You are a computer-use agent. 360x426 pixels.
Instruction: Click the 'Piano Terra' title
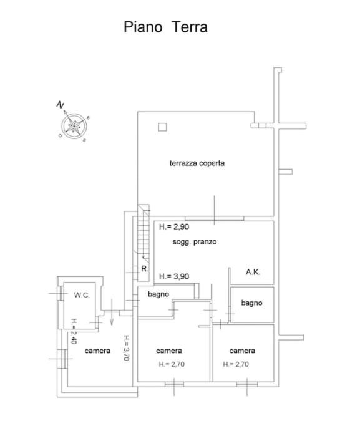tap(165, 27)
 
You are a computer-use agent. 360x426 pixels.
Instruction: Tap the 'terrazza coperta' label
tap(197, 163)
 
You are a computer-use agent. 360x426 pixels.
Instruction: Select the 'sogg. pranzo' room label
tap(195, 242)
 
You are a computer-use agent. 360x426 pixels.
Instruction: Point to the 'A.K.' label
tap(253, 272)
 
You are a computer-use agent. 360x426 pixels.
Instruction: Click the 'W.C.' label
tap(82, 295)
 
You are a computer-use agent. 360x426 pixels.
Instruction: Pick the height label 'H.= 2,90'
tap(174, 226)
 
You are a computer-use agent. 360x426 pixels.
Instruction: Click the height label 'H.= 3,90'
tap(174, 276)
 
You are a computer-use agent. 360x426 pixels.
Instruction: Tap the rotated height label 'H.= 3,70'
tap(126, 348)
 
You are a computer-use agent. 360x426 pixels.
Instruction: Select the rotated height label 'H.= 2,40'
tap(74, 331)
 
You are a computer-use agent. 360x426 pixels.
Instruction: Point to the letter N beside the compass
tap(60, 105)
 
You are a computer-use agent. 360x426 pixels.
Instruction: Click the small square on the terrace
tap(162, 127)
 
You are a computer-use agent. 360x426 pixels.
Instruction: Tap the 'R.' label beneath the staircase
tap(145, 269)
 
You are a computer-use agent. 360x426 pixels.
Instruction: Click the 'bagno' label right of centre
tap(251, 303)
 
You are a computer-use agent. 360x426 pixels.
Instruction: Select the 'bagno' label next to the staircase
tap(158, 294)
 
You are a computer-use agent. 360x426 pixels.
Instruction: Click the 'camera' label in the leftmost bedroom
tap(97, 351)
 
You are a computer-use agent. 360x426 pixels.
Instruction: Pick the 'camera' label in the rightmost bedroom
tap(242, 351)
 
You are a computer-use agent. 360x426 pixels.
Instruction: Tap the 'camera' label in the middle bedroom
tap(168, 351)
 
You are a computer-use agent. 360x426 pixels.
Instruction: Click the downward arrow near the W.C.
tap(112, 312)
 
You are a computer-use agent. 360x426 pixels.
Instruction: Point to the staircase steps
tap(144, 234)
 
